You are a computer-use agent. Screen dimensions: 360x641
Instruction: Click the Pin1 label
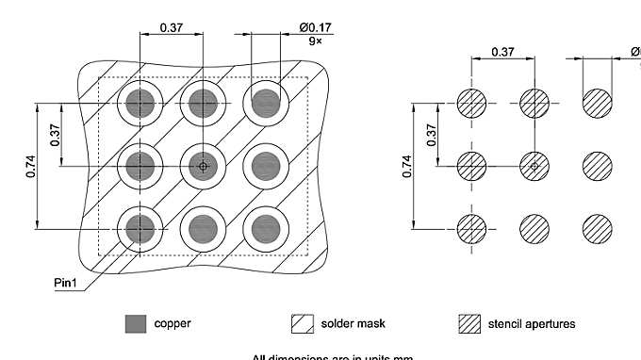coord(67,282)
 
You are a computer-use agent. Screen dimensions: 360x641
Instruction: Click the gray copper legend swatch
coord(136,324)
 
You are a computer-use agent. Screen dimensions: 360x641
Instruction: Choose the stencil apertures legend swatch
coord(468,324)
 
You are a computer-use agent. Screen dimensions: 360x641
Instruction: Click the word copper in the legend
coord(173,324)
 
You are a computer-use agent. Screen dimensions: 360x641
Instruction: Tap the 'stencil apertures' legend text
coord(532,324)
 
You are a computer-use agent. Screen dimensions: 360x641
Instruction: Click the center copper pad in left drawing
coord(202,166)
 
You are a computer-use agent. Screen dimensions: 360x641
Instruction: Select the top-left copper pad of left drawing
coord(140,104)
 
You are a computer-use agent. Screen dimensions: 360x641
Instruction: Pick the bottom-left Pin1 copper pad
coord(140,227)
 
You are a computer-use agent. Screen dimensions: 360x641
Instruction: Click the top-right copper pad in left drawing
coord(265,104)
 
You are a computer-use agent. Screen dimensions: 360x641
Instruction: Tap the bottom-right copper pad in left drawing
coord(265,227)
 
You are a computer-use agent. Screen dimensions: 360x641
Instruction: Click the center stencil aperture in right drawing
coord(534,166)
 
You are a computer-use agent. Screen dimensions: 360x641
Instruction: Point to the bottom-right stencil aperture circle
coord(597,228)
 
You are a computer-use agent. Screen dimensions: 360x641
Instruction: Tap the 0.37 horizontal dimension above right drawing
coord(502,53)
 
